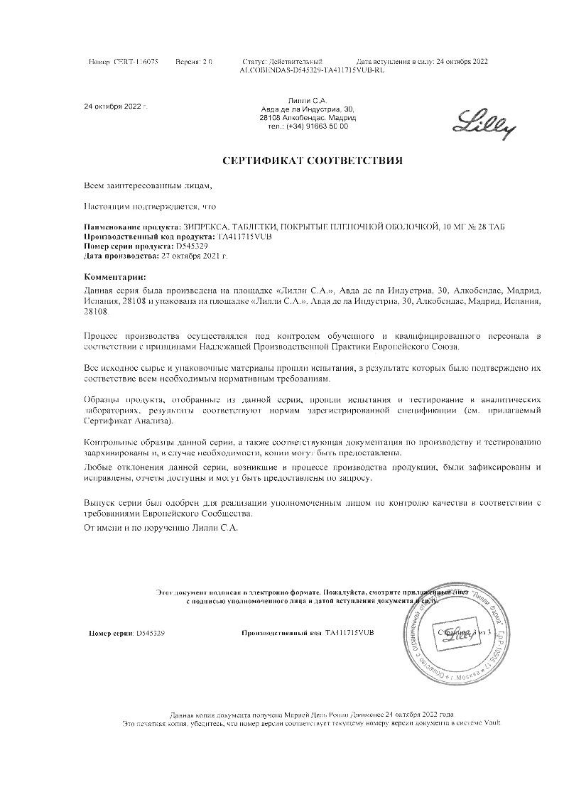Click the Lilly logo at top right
tap(485, 122)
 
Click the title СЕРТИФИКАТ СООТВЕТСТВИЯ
tap(313, 161)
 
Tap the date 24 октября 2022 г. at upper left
tap(116, 107)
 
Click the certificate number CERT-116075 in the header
tap(136, 63)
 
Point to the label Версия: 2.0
tap(194, 63)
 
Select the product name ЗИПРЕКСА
tap(200, 226)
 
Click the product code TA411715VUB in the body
tap(243, 235)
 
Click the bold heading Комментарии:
tap(116, 276)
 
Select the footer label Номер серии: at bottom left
tap(112, 632)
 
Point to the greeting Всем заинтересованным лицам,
tap(148, 185)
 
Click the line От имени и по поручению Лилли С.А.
tap(161, 528)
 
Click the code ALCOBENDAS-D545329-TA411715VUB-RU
tap(313, 70)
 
